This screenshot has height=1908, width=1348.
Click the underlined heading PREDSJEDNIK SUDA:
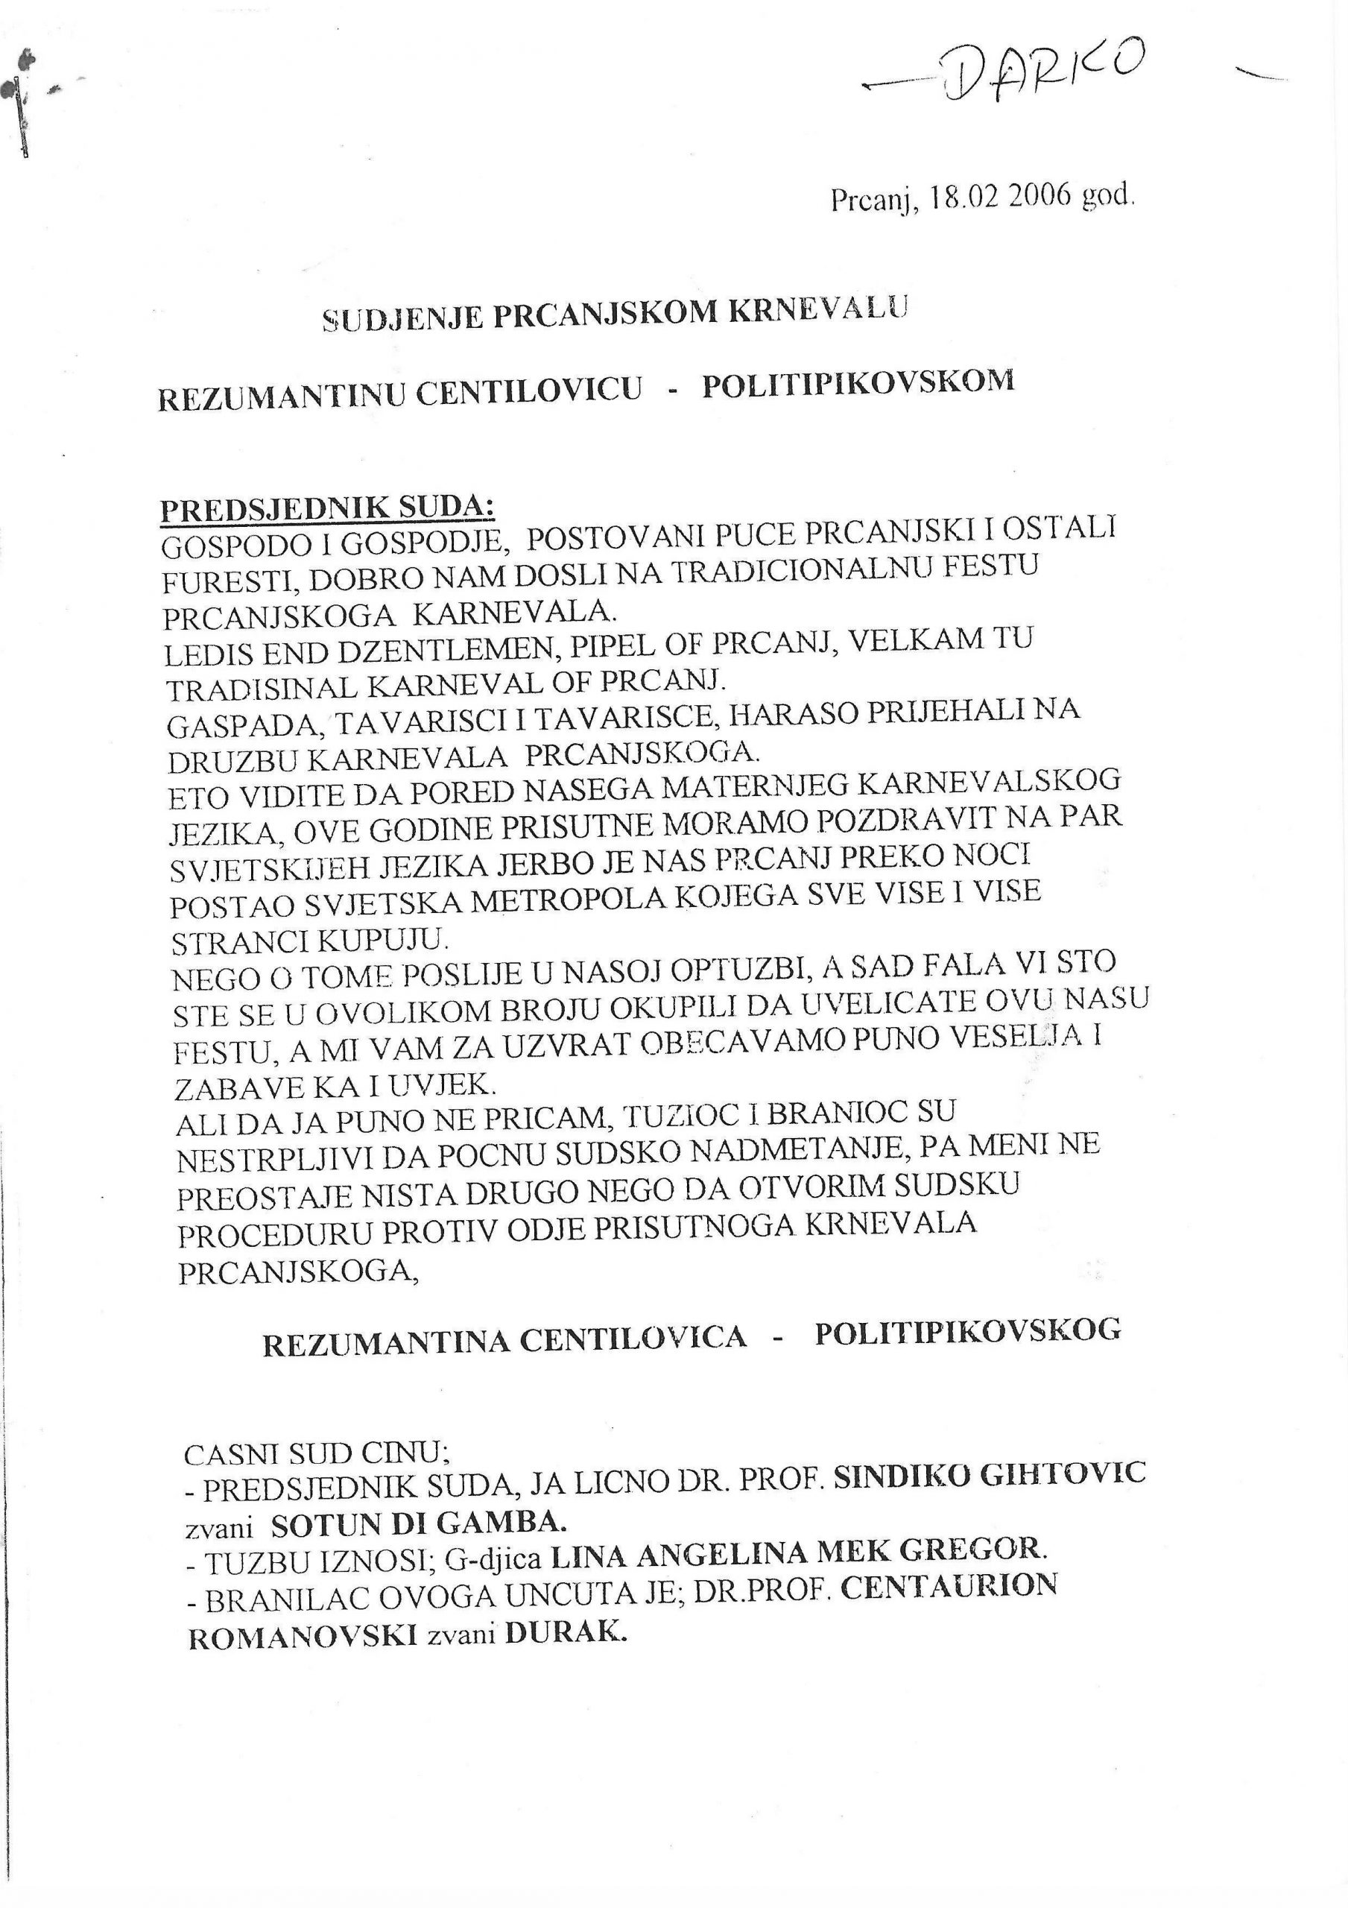pyautogui.click(x=326, y=508)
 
